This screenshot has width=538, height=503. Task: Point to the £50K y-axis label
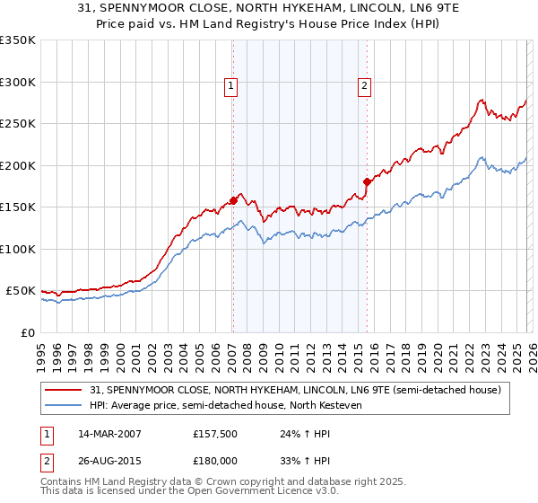[21, 291]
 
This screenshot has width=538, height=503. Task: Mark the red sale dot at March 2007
[233, 200]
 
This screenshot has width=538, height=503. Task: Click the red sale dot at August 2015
[367, 181]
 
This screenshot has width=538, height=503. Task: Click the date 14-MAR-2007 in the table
[108, 434]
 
